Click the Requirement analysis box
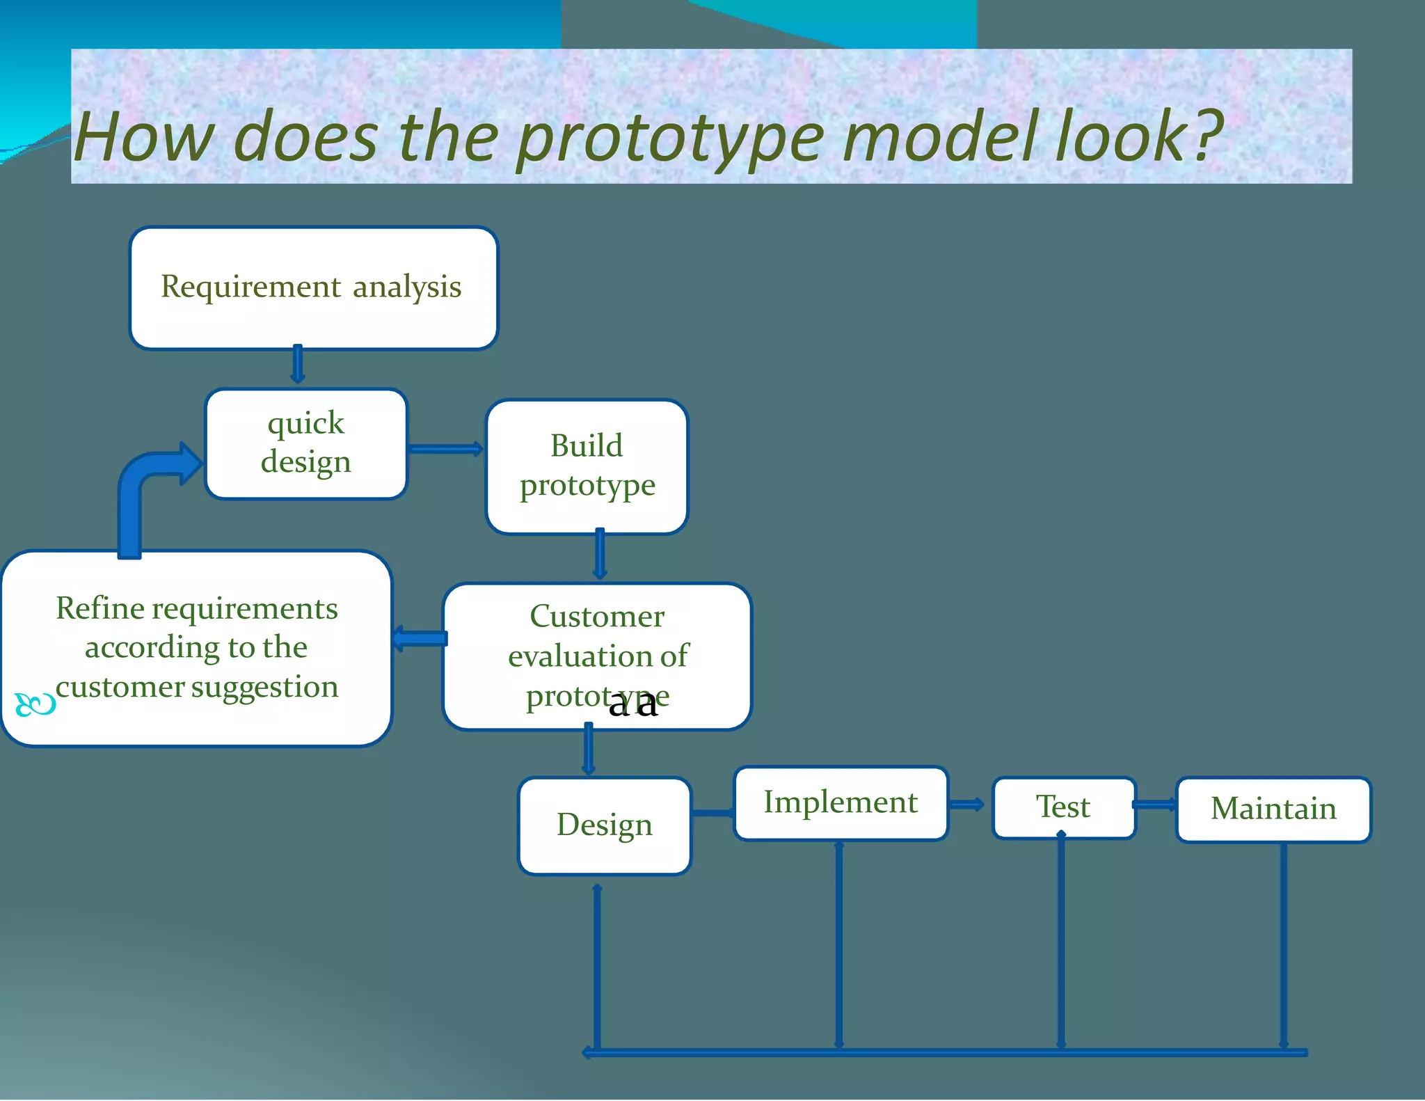tap(313, 288)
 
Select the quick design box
tap(306, 444)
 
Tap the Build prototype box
tap(587, 466)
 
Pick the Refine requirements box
tap(196, 647)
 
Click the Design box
tap(604, 825)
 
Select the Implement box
tap(841, 803)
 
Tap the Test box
tap(1063, 807)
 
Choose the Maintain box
tap(1273, 809)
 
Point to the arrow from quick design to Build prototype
tap(445, 449)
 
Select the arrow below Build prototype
tap(600, 555)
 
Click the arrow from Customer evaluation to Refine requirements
tap(420, 638)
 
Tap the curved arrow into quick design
tap(143, 487)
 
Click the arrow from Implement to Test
tap(967, 805)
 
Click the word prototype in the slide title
tap(669, 139)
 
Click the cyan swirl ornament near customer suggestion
tap(35, 705)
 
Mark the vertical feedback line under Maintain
tap(1284, 946)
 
